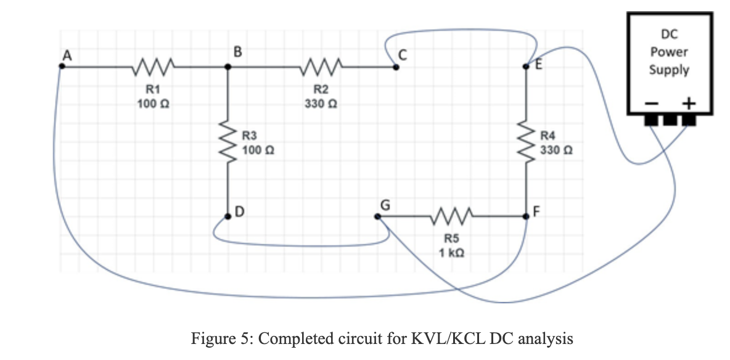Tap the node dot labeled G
click(x=377, y=216)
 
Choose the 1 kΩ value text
click(x=453, y=252)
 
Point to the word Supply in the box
click(x=669, y=70)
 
